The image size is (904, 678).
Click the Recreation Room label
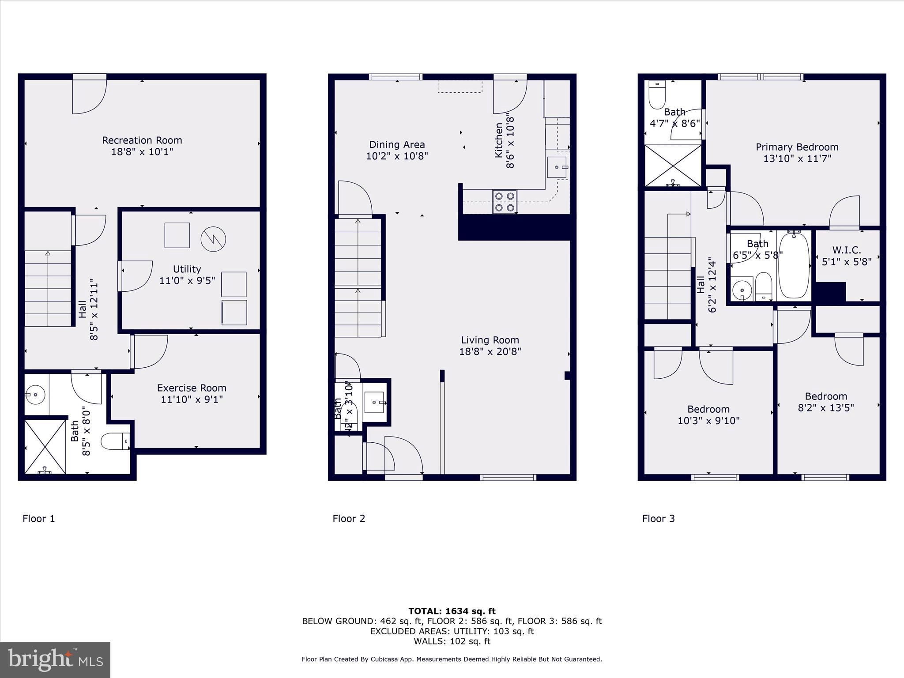coord(142,140)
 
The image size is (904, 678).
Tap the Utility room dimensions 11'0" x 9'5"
coord(187,280)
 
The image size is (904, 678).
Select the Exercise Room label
coord(192,388)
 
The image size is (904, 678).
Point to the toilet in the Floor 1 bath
coord(114,441)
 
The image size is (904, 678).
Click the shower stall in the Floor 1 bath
coord(45,446)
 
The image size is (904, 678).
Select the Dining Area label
coord(397,145)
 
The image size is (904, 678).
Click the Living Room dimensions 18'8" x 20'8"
coord(490,352)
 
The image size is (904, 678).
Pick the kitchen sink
coord(557,167)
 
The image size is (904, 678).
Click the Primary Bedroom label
coord(797,147)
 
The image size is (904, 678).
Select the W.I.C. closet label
coord(847,250)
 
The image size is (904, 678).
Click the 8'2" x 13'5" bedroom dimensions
coord(825,408)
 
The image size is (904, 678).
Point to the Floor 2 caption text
coord(349,519)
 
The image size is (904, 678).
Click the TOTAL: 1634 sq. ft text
coord(452,611)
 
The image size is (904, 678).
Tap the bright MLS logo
coord(55,660)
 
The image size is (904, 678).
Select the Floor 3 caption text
coord(658,519)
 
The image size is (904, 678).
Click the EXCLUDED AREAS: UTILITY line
coord(452,631)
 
